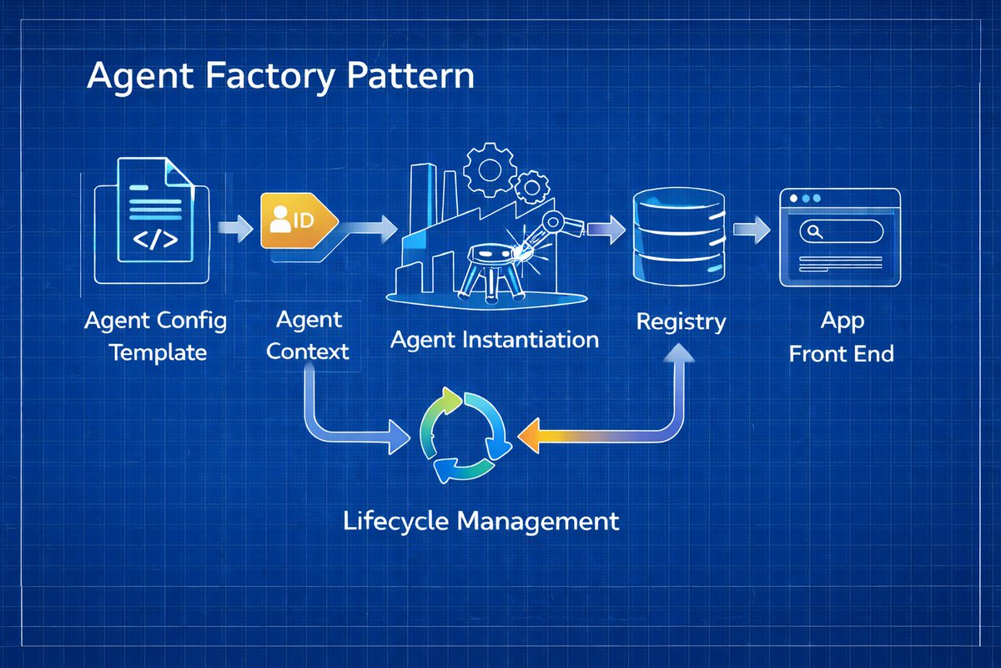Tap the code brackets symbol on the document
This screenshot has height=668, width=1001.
pyautogui.click(x=155, y=240)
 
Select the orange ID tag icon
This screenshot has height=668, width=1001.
pyautogui.click(x=299, y=220)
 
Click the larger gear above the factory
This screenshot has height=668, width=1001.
pyautogui.click(x=489, y=170)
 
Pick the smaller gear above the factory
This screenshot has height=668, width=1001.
pyautogui.click(x=531, y=187)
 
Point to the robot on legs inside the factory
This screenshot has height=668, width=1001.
pyautogui.click(x=490, y=273)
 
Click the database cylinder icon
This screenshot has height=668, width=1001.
pyautogui.click(x=678, y=236)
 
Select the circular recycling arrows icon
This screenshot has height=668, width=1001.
pyautogui.click(x=465, y=435)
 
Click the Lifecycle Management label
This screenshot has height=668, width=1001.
pyautogui.click(x=480, y=522)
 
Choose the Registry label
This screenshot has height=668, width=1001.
pyautogui.click(x=681, y=322)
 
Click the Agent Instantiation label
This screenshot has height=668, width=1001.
pyautogui.click(x=494, y=340)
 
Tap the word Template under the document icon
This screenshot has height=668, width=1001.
pyautogui.click(x=158, y=353)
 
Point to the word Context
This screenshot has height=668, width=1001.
pyautogui.click(x=308, y=352)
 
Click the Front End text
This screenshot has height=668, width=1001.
pyautogui.click(x=841, y=353)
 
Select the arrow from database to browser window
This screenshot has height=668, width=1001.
pyautogui.click(x=752, y=230)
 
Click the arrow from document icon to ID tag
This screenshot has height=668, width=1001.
pyautogui.click(x=235, y=228)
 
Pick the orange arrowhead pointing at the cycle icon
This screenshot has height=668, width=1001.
pyautogui.click(x=530, y=436)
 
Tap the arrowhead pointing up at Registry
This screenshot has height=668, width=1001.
pyautogui.click(x=679, y=353)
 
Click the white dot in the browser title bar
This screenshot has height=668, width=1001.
pyautogui.click(x=793, y=198)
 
